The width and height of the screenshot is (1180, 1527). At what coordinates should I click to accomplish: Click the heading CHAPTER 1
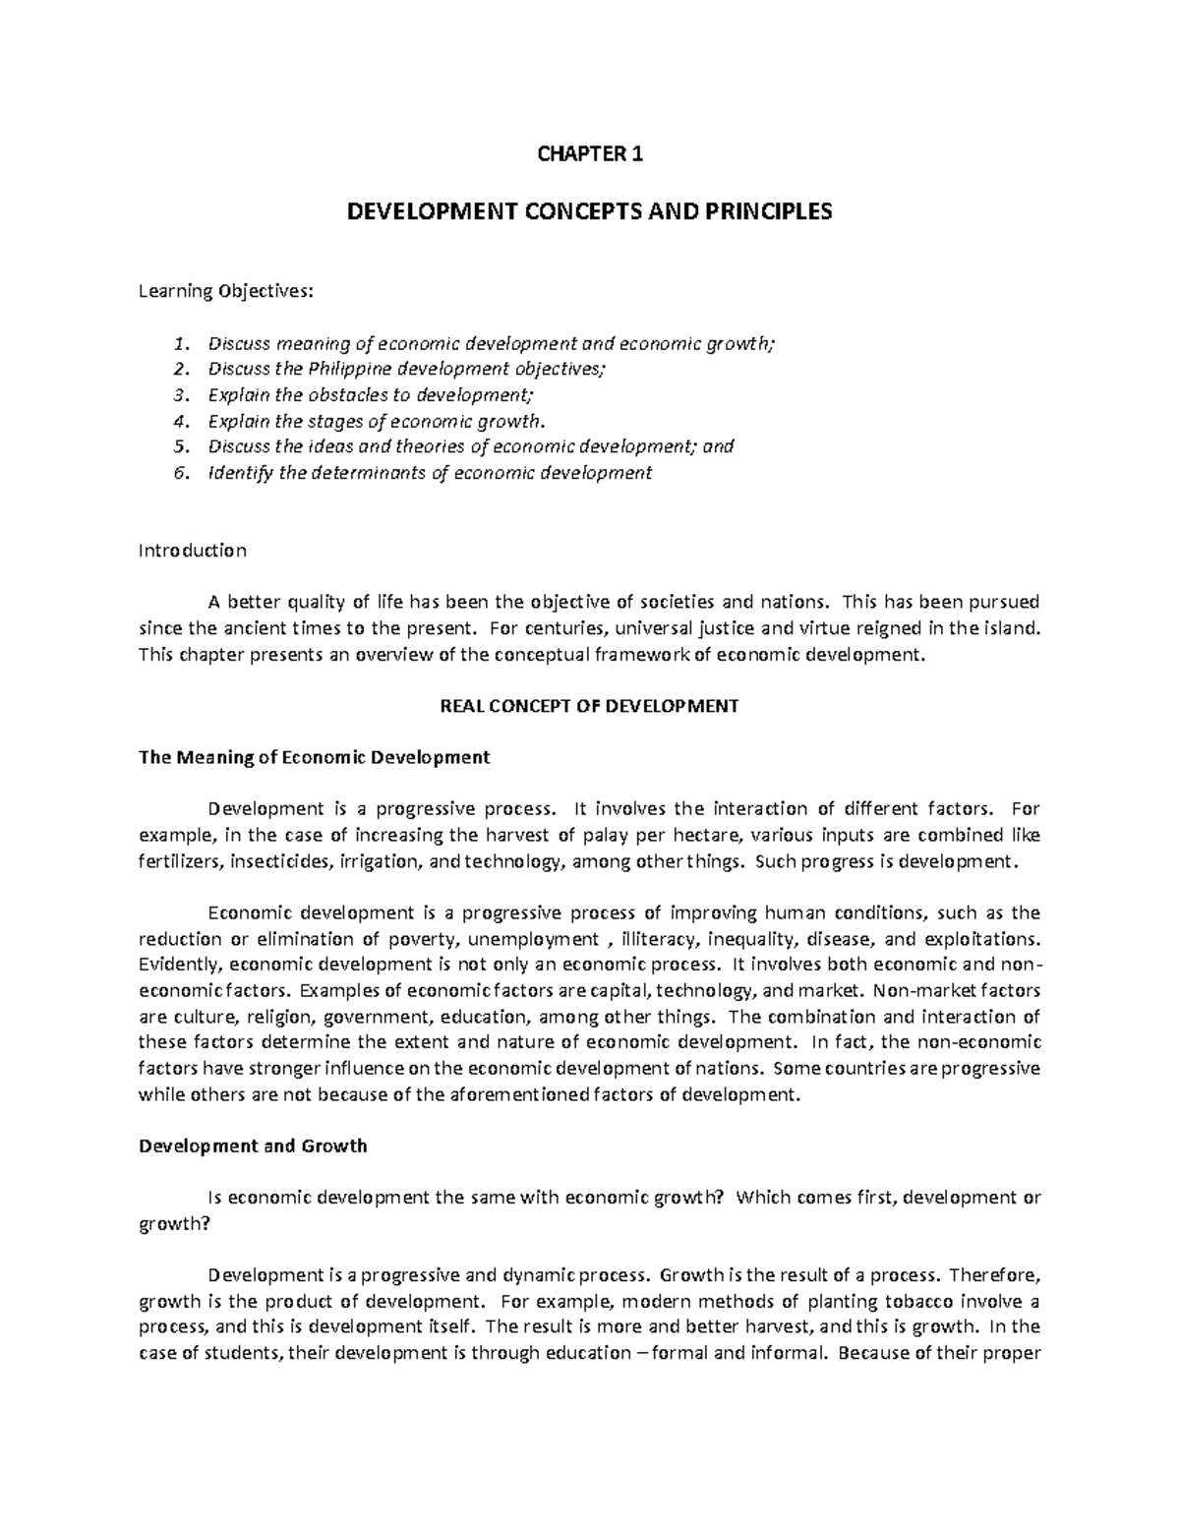589,153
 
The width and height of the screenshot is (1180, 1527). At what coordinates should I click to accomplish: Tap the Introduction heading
193,551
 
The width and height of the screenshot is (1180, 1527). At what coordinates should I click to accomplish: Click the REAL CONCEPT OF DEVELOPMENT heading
589,706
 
